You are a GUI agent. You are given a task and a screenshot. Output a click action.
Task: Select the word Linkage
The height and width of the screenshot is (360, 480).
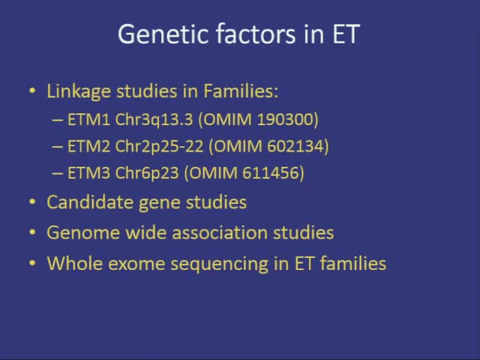coord(76,91)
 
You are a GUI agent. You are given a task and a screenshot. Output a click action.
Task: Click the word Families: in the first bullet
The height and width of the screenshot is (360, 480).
coord(238,91)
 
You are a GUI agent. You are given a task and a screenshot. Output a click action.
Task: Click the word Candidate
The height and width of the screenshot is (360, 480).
coord(82,202)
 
